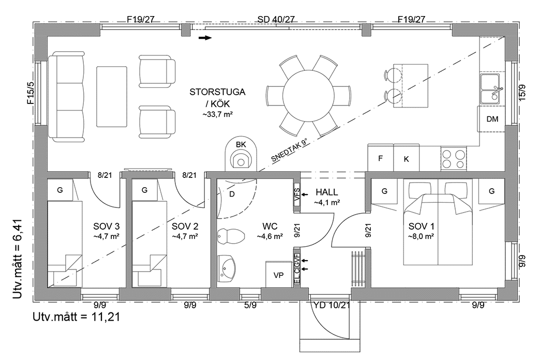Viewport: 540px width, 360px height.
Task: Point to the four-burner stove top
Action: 453,158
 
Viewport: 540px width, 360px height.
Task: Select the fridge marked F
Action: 380,158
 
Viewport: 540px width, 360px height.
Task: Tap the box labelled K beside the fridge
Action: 406,158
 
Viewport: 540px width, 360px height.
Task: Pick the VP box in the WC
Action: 278,274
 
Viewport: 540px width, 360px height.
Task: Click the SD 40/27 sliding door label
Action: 276,20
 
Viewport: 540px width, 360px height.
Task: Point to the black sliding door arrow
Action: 205,38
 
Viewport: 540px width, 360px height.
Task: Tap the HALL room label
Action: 326,192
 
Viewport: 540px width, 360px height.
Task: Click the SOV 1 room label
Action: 422,227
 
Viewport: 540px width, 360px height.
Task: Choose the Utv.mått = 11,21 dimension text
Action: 77,317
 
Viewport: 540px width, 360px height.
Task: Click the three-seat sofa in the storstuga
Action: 66,96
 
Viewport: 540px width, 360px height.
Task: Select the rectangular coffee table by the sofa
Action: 112,96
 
